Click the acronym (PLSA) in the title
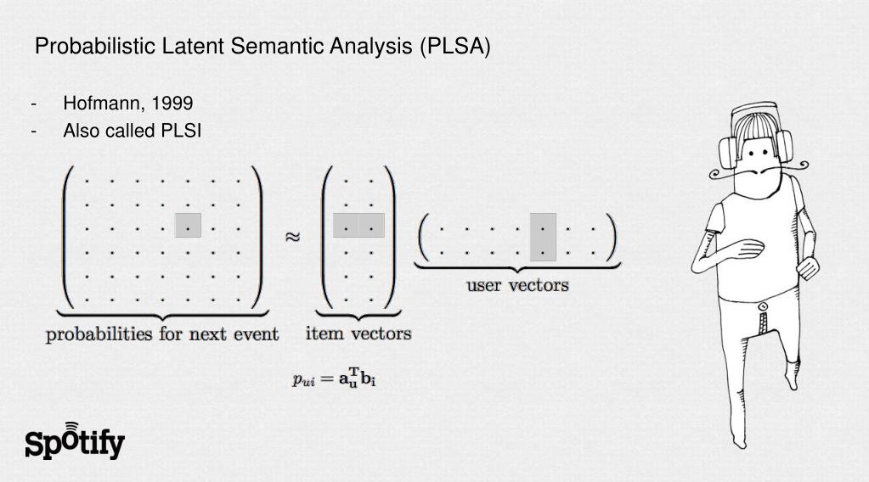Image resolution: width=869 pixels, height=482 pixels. click(454, 47)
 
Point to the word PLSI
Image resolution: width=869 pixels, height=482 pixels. click(181, 131)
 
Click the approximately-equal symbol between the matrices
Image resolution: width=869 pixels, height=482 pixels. click(291, 237)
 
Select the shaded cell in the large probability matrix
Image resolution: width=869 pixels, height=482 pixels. click(188, 226)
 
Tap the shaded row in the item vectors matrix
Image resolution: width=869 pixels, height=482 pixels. click(358, 226)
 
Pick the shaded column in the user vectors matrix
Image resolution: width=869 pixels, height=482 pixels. click(543, 237)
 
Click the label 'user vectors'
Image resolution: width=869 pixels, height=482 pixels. click(516, 285)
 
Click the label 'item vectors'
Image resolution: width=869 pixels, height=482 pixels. click(358, 333)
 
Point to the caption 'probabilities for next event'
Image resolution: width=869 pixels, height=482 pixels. click(162, 334)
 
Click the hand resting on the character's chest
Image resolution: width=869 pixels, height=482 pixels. click(748, 249)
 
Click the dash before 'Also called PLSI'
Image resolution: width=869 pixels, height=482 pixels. click(34, 131)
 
